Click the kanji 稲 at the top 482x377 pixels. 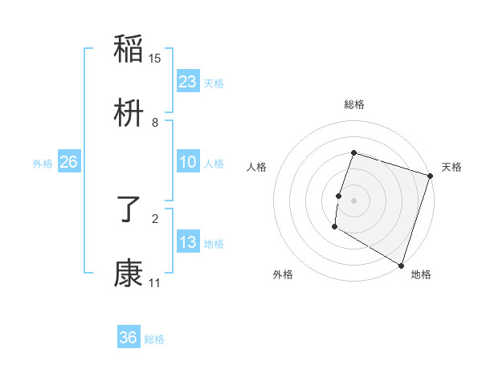click(129, 49)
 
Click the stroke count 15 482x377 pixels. click(155, 58)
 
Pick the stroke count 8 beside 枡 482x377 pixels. click(155, 123)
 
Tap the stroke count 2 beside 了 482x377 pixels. click(155, 217)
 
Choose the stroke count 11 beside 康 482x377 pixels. click(155, 282)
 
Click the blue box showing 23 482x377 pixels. click(188, 82)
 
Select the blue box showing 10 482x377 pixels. click(188, 163)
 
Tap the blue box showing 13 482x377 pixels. click(188, 242)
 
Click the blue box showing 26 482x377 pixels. click(68, 163)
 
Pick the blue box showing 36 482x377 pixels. click(129, 338)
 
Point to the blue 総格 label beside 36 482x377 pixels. click(154, 339)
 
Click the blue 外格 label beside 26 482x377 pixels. click(43, 164)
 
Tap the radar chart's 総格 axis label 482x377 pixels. click(354, 104)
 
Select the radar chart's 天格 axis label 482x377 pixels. click(451, 167)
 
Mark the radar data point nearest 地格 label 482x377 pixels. click(401, 264)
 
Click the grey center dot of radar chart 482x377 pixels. click(354, 199)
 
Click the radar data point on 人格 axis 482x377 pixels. click(339, 196)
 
